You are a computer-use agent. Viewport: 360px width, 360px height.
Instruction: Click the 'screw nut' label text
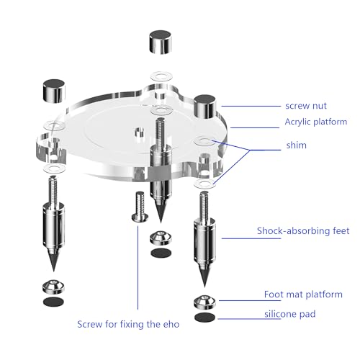[x=306, y=106]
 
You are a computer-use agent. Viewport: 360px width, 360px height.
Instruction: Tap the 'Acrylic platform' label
[x=316, y=122]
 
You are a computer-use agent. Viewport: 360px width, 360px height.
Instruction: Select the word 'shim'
[x=297, y=145]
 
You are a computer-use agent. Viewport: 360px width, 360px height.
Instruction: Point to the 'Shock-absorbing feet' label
[x=303, y=230]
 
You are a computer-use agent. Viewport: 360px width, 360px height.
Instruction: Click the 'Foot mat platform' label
[x=303, y=294]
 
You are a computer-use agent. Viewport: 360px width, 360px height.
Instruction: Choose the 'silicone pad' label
[x=290, y=314]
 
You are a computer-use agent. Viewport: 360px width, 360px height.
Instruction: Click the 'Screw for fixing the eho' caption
[x=128, y=324]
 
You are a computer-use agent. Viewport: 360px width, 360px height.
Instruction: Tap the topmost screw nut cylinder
[x=161, y=42]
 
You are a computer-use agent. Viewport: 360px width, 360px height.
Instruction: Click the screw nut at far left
[x=54, y=91]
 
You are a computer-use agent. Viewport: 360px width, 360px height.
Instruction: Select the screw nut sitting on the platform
[x=205, y=107]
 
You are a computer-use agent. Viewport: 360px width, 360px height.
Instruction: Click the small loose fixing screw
[x=140, y=207]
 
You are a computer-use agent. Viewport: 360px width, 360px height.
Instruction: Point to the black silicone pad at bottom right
[x=204, y=318]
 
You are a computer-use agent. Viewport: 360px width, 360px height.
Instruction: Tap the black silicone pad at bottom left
[x=53, y=302]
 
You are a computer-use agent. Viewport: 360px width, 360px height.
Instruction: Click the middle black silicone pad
[x=161, y=253]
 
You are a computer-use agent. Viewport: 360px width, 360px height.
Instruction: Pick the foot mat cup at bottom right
[x=204, y=302]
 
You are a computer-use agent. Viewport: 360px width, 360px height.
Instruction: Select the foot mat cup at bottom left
[x=53, y=287]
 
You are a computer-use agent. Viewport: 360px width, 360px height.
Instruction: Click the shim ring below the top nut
[x=161, y=76]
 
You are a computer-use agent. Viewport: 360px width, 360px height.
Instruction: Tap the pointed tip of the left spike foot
[x=53, y=271]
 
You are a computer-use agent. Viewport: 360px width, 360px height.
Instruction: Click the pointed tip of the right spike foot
[x=204, y=287]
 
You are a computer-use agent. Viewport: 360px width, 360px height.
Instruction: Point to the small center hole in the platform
[x=139, y=132]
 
